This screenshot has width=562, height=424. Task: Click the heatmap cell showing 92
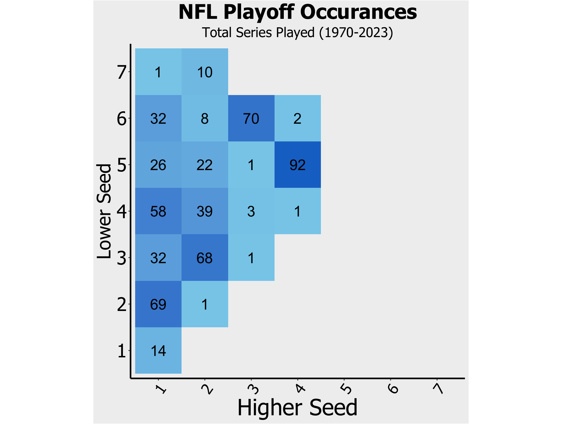click(x=298, y=165)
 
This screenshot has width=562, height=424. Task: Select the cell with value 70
click(x=251, y=118)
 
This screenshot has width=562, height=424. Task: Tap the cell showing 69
click(x=158, y=304)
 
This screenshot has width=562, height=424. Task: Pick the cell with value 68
click(x=205, y=258)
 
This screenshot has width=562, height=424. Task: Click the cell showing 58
click(x=158, y=211)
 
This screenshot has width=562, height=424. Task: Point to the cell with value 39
click(x=205, y=211)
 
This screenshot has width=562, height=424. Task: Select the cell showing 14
click(x=158, y=351)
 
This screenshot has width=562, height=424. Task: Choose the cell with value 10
click(x=205, y=72)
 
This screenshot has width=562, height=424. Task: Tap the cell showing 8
click(x=205, y=118)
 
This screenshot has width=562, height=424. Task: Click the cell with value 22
click(x=205, y=165)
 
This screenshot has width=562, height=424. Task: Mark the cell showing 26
click(x=158, y=165)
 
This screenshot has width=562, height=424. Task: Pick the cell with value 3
click(x=251, y=211)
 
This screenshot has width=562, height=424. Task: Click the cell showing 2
click(x=298, y=118)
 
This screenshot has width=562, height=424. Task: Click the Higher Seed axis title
click(x=297, y=407)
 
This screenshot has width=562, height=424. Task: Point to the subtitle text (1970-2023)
click(x=356, y=33)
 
